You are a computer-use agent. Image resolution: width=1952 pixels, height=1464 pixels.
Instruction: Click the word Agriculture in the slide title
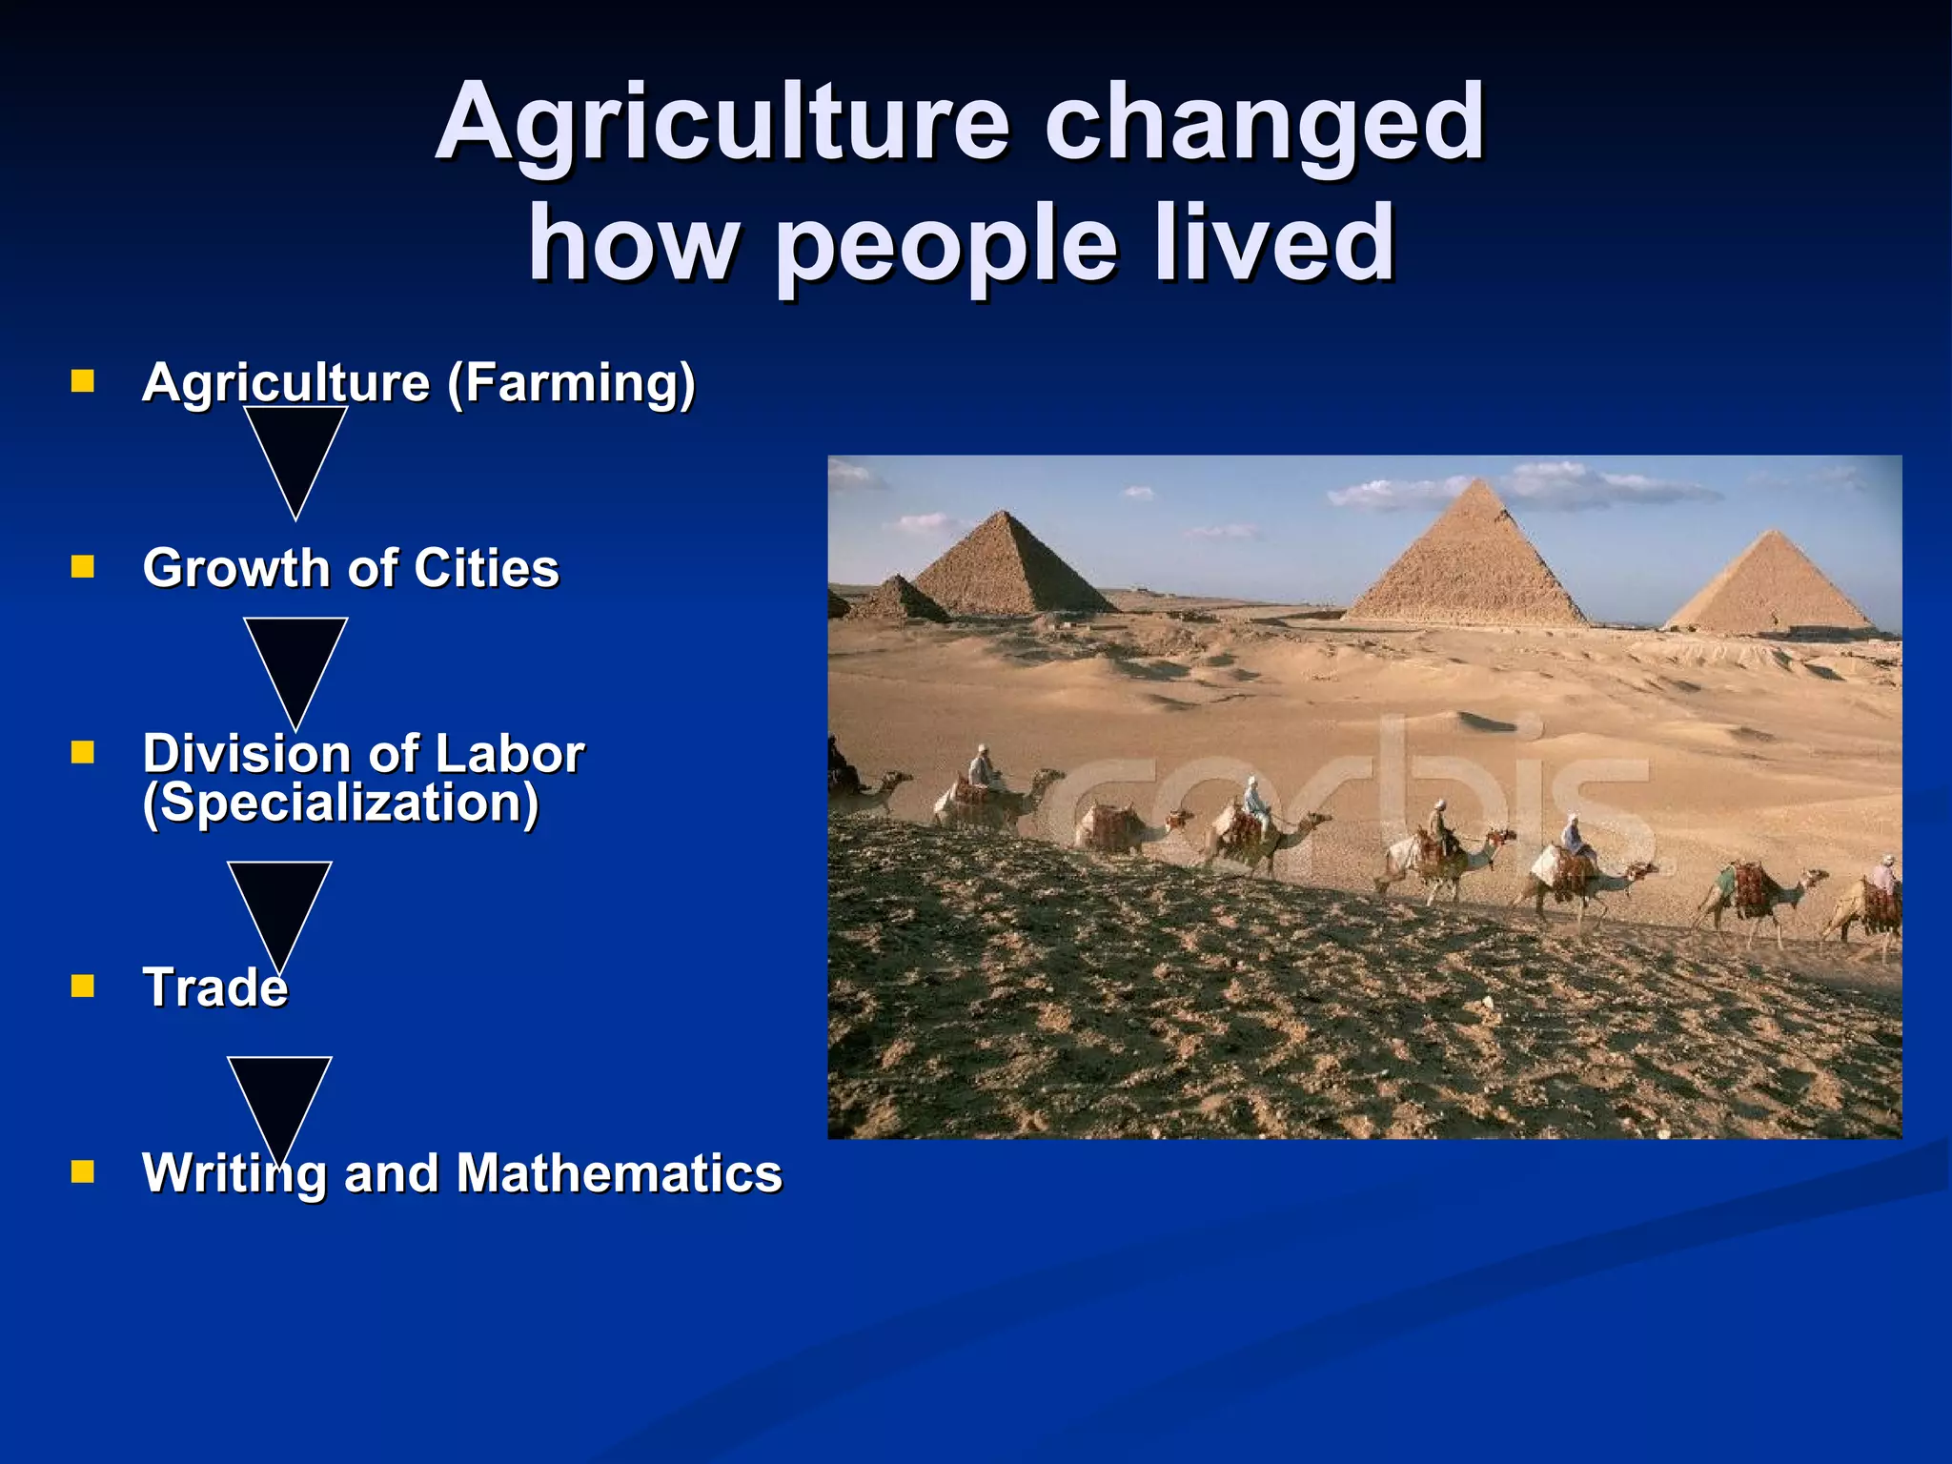point(722,124)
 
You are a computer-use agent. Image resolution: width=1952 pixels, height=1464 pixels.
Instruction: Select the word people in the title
point(945,246)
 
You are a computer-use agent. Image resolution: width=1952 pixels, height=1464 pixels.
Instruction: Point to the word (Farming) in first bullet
point(571,383)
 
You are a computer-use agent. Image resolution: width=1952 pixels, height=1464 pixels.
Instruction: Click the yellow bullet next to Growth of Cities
point(83,568)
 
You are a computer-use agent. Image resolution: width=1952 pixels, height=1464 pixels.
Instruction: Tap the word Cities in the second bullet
point(486,568)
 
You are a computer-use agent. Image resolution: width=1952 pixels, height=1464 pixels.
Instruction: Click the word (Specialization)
point(340,803)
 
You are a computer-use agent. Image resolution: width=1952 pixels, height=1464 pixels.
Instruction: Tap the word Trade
point(214,987)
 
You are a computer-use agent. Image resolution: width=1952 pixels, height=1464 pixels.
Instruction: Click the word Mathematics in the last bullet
point(619,1173)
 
